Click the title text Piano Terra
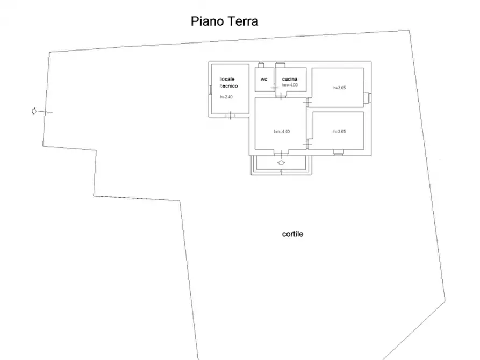coord(225,21)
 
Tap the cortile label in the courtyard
coord(292,234)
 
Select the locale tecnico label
coord(229,82)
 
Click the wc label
coord(264,79)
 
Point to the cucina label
coord(290,79)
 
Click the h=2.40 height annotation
coord(226,97)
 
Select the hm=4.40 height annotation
coord(282,132)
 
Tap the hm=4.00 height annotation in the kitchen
coord(290,85)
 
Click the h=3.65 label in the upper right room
coord(339,88)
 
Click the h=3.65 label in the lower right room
coord(339,132)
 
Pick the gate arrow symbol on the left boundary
coord(34,111)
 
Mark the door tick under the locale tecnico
coord(230,115)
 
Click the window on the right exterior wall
coord(368,97)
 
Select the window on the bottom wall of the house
coord(338,153)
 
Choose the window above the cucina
coord(280,65)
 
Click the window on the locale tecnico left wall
coord(209,90)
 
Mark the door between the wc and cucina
coord(275,88)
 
